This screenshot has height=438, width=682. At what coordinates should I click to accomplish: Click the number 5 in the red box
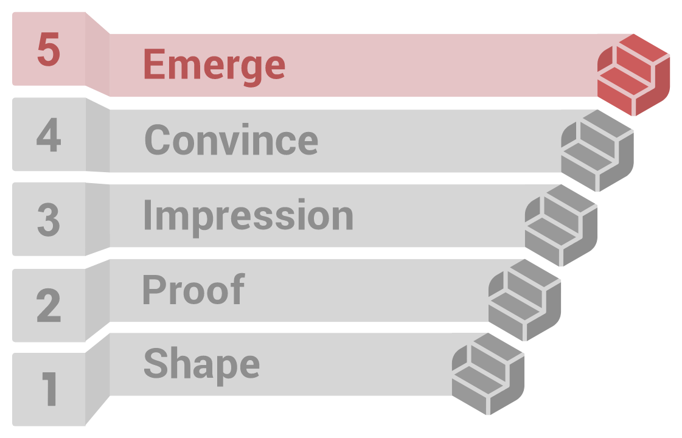pyautogui.click(x=49, y=50)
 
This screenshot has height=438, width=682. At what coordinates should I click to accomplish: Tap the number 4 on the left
pyautogui.click(x=49, y=134)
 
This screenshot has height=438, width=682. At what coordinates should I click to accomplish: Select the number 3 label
pyautogui.click(x=49, y=220)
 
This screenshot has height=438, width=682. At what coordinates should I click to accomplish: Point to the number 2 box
pyautogui.click(x=49, y=305)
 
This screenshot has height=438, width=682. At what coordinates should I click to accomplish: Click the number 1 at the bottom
pyautogui.click(x=50, y=389)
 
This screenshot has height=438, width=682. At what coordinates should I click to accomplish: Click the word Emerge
pyautogui.click(x=214, y=68)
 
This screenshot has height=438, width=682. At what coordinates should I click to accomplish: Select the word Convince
pyautogui.click(x=231, y=139)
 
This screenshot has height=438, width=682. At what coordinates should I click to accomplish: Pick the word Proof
pyautogui.click(x=194, y=289)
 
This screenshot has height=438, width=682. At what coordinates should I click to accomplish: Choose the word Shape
pyautogui.click(x=202, y=366)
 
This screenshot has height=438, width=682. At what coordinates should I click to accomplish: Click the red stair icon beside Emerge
pyautogui.click(x=633, y=75)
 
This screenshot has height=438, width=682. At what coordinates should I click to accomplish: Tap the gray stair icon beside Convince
pyautogui.click(x=597, y=150)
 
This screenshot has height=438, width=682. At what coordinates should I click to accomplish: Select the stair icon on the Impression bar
pyautogui.click(x=561, y=225)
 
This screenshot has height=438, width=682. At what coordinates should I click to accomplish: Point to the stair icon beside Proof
pyautogui.click(x=524, y=300)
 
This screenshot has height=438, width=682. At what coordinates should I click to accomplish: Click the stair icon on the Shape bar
pyautogui.click(x=488, y=374)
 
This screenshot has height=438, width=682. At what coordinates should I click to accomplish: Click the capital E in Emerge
pyautogui.click(x=155, y=64)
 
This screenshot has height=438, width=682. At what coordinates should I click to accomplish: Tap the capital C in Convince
pyautogui.click(x=157, y=139)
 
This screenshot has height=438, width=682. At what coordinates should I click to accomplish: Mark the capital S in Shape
pyautogui.click(x=156, y=363)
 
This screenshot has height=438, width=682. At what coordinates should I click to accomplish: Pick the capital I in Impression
pyautogui.click(x=147, y=214)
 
